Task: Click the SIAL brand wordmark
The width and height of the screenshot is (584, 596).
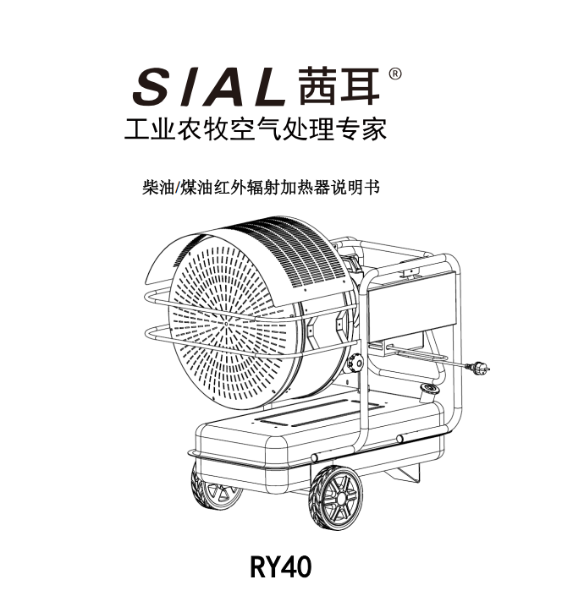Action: (x=208, y=86)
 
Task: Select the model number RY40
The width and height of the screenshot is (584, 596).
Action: (x=281, y=566)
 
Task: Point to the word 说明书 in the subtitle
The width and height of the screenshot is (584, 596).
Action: (x=359, y=187)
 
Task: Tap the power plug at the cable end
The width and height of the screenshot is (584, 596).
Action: (x=479, y=368)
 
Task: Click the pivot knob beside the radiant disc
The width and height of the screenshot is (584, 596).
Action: (x=355, y=364)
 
